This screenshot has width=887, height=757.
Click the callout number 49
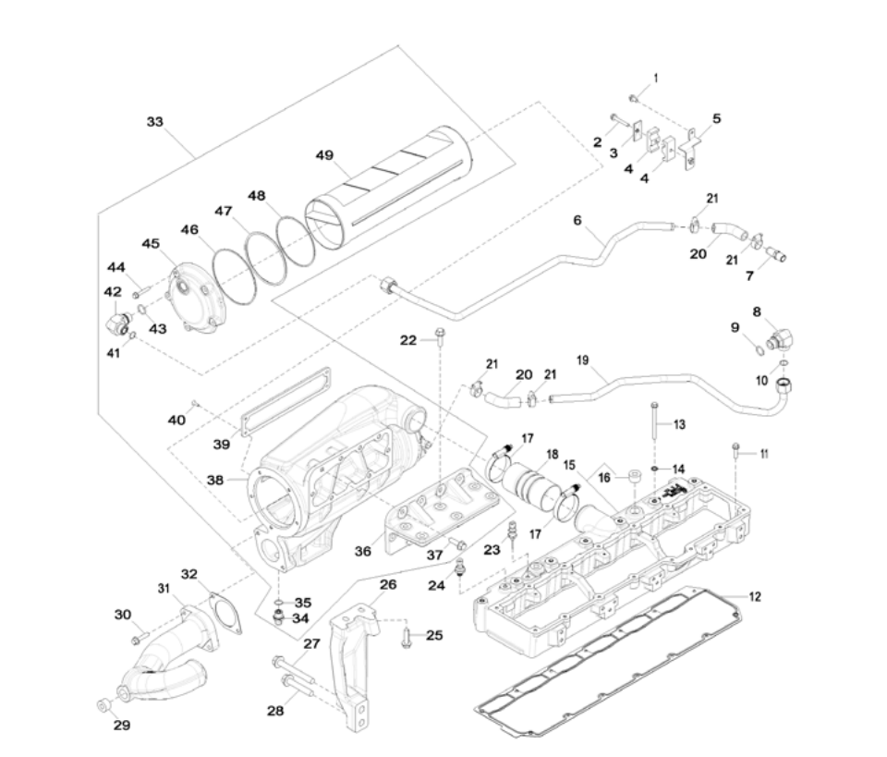tap(323, 155)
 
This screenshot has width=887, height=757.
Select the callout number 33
tap(156, 121)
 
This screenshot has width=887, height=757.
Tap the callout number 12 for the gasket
tap(755, 597)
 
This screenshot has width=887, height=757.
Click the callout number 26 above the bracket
tap(388, 584)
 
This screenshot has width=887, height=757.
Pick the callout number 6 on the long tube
tap(577, 221)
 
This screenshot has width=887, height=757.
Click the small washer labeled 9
tap(756, 348)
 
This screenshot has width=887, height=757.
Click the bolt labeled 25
tap(407, 636)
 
